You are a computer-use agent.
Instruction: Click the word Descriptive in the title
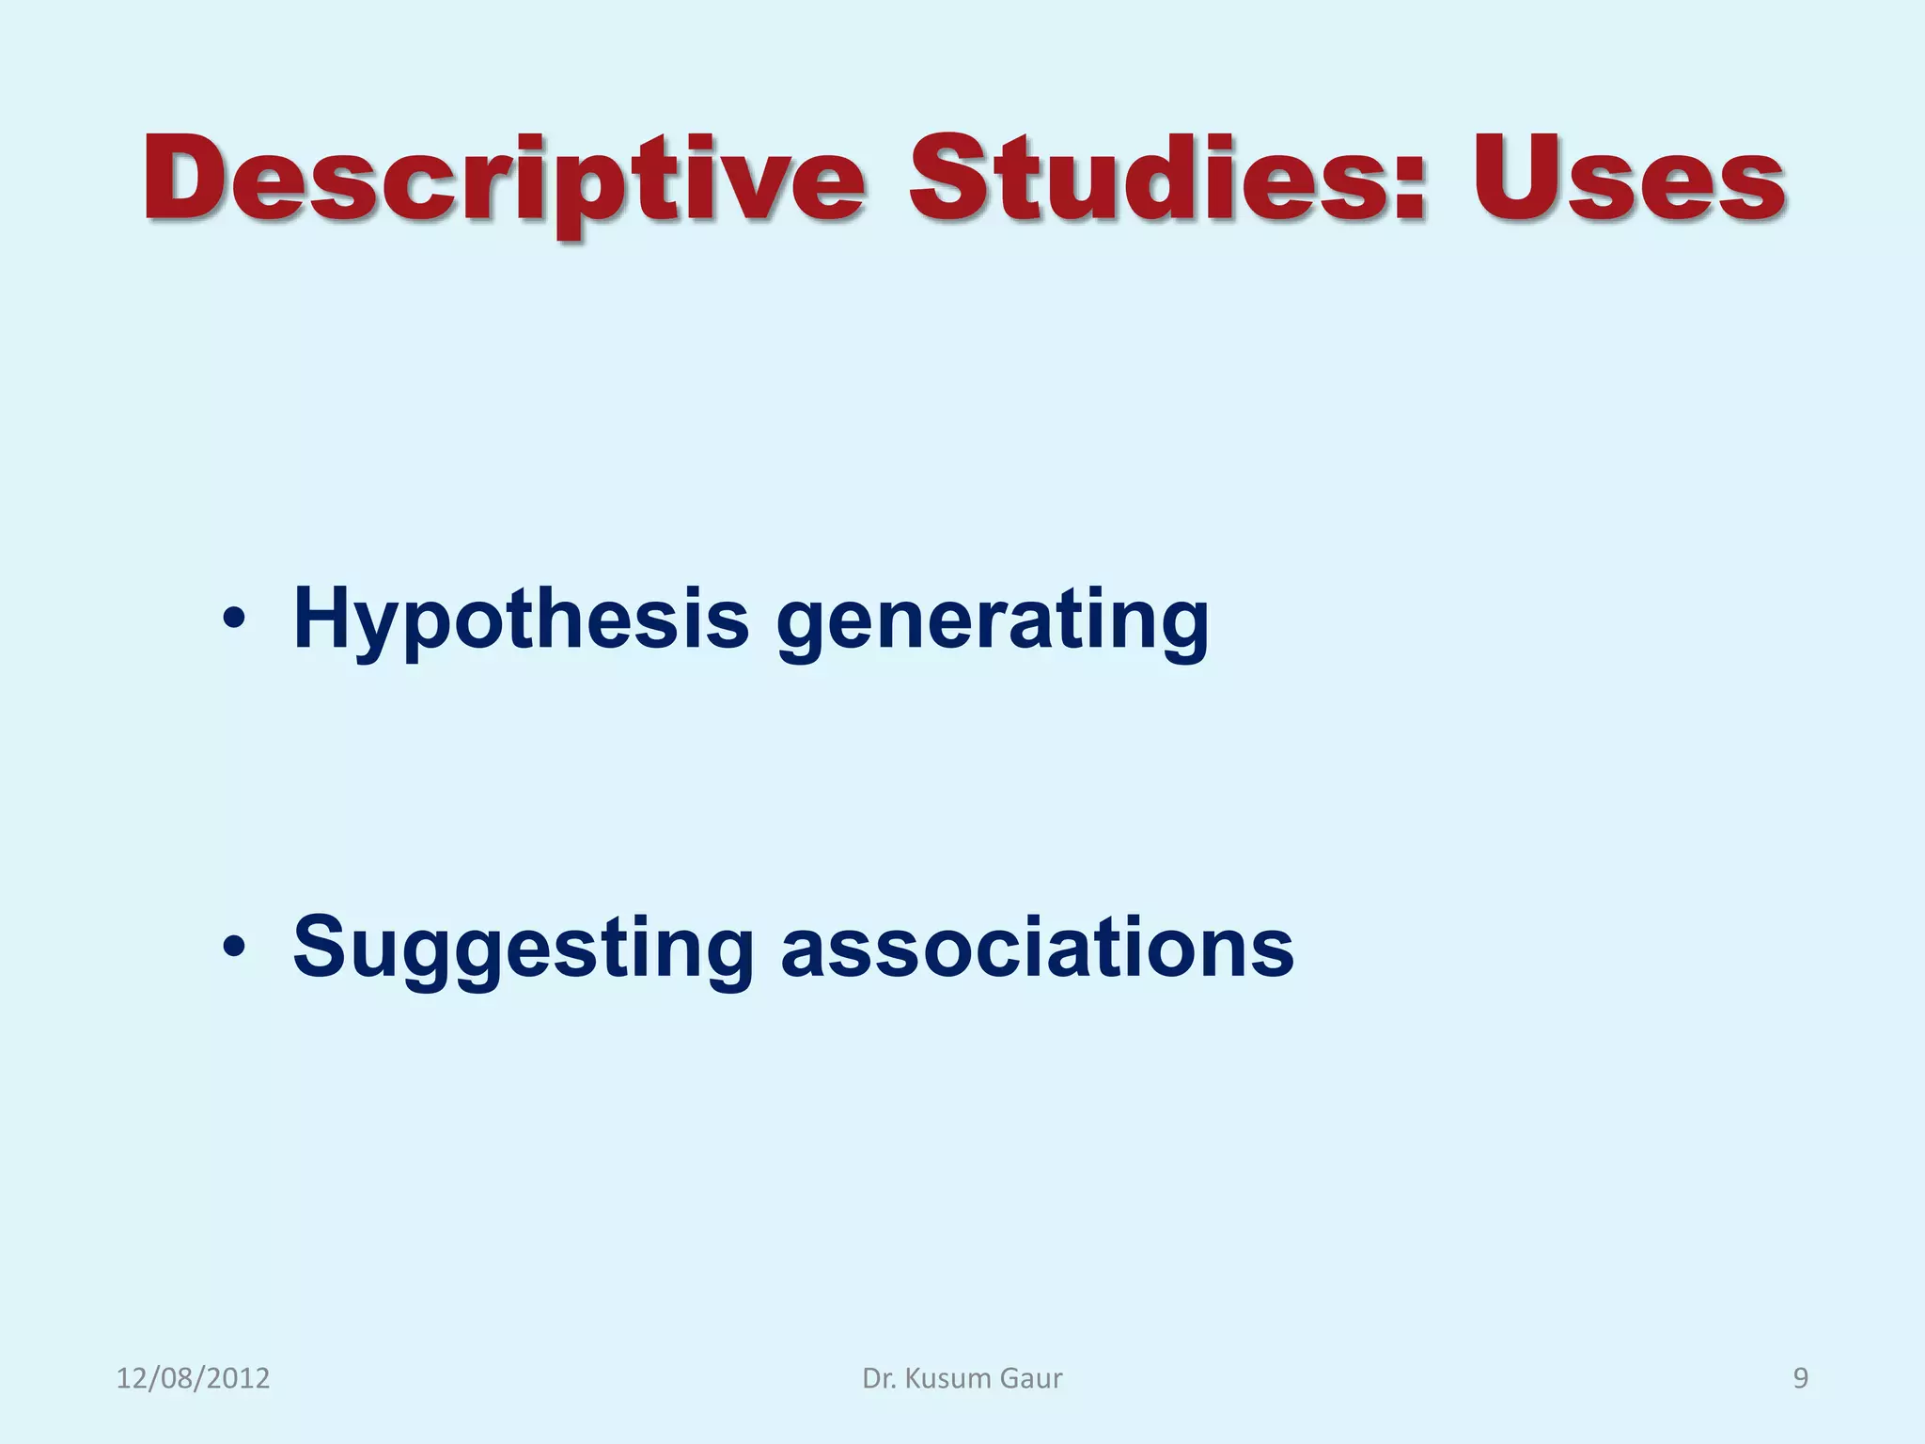[x=503, y=180]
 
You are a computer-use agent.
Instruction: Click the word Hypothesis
[x=521, y=620]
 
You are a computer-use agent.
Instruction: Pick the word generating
[x=993, y=624]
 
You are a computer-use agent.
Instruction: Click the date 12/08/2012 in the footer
[x=193, y=1378]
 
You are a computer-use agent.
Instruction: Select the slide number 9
[x=1801, y=1378]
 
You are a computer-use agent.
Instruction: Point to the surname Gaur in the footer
[x=1031, y=1378]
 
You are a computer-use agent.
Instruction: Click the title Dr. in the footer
[x=878, y=1378]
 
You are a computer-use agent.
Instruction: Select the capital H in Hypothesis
[x=324, y=618]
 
